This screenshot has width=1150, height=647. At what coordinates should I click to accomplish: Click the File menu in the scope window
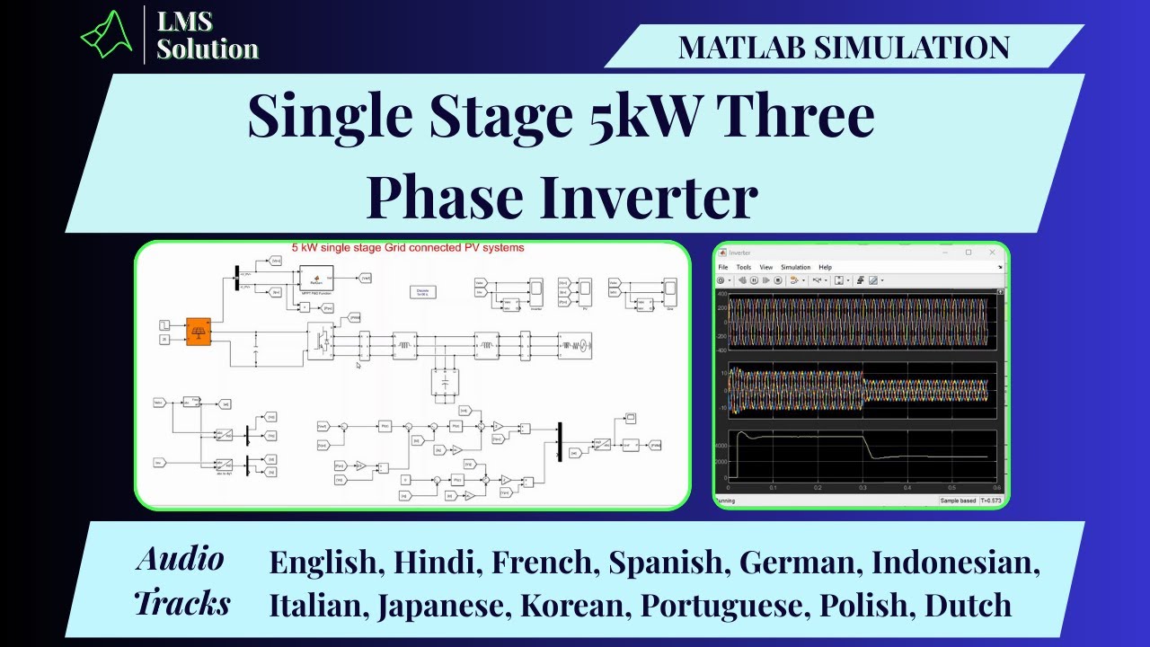point(722,267)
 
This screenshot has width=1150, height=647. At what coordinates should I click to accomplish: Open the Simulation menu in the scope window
point(795,267)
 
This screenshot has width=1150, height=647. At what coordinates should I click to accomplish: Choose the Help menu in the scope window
point(825,267)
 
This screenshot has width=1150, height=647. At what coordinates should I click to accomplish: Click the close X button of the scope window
point(991,253)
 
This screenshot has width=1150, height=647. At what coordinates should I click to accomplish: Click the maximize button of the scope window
point(969,253)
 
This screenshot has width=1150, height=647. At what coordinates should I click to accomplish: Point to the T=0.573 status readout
point(990,500)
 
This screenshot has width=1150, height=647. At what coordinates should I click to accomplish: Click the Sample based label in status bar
point(958,500)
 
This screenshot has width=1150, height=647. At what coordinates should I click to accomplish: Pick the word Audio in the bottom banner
point(180,559)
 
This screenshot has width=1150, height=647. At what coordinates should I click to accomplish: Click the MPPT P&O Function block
point(315,277)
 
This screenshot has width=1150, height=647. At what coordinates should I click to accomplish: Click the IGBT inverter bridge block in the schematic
point(321,343)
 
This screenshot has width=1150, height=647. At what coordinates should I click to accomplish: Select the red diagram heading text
point(408,247)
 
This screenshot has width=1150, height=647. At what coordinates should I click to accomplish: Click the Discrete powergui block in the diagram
point(422,292)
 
